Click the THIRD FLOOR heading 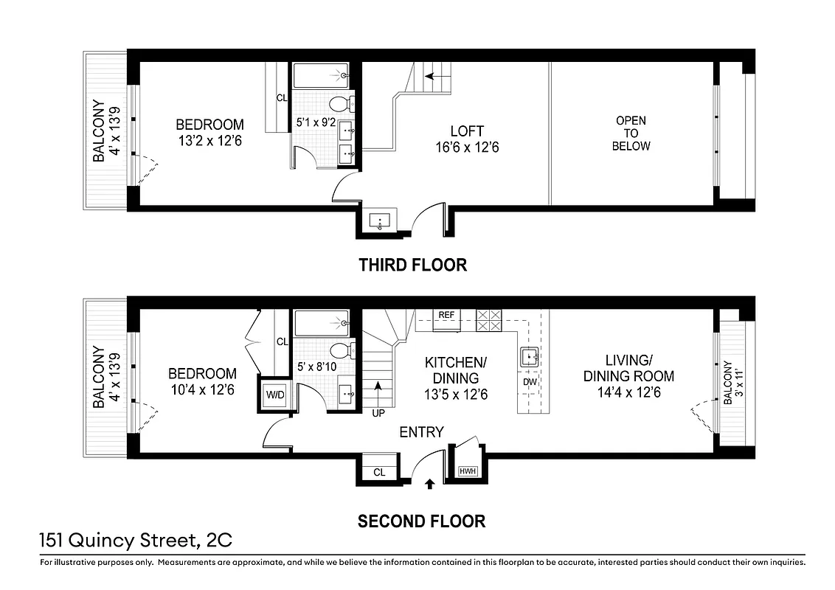click(412, 265)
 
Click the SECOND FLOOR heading click(421, 521)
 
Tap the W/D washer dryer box click(274, 395)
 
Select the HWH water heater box click(467, 471)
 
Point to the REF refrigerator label click(446, 315)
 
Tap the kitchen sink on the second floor click(529, 358)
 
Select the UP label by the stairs click(378, 413)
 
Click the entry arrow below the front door click(430, 485)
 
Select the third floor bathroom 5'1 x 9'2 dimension click(316, 122)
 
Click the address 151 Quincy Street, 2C click(136, 541)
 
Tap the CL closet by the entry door click(379, 472)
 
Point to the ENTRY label click(421, 432)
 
